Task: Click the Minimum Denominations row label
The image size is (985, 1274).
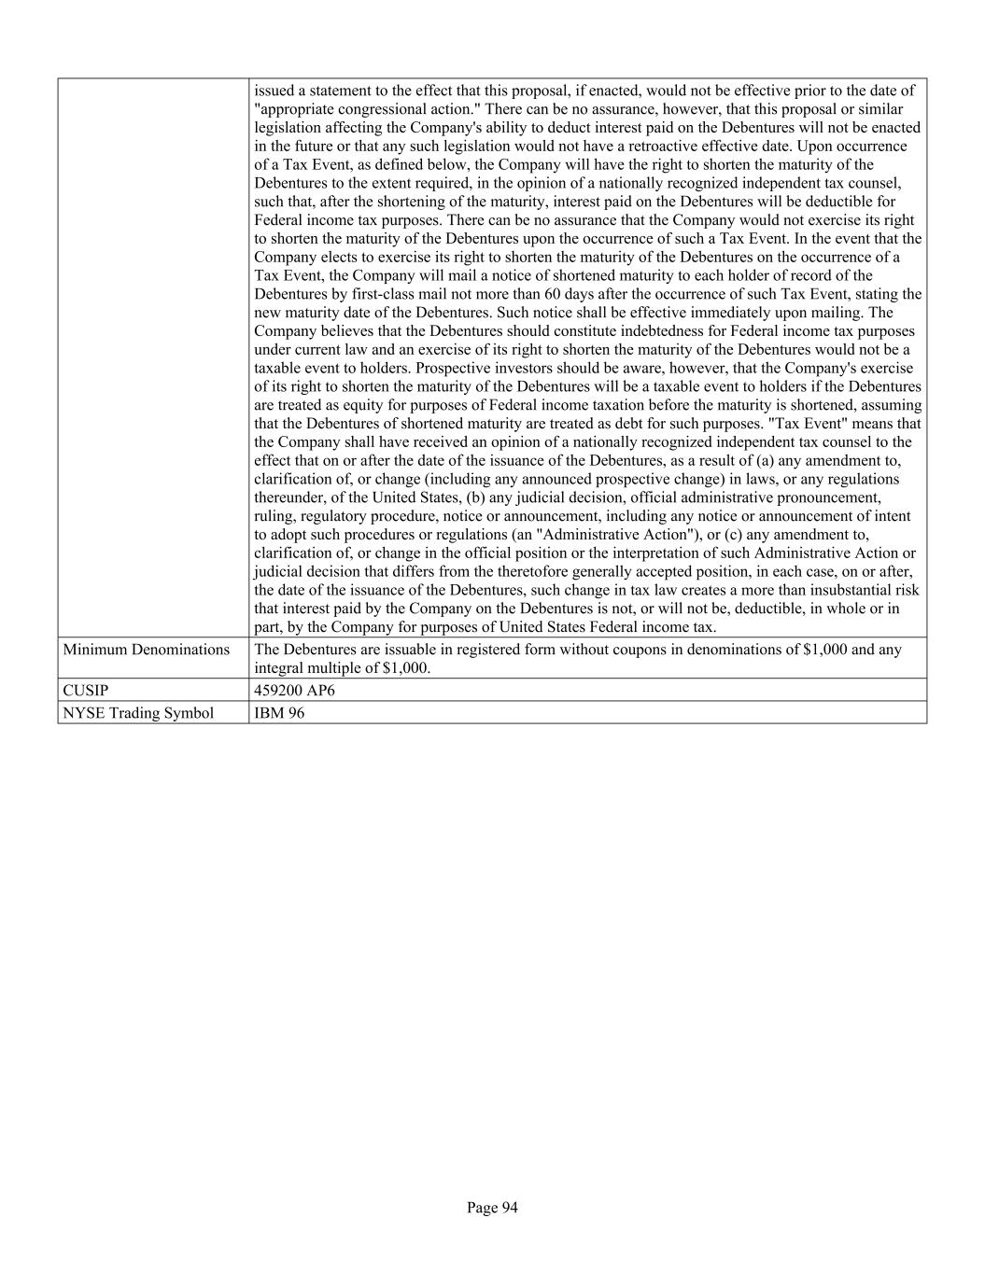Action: tap(146, 650)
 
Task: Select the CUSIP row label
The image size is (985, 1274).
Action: tap(86, 691)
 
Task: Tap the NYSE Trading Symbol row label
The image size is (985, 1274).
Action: tap(138, 713)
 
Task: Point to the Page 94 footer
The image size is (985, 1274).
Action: tap(492, 1208)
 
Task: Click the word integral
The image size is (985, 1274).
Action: tap(279, 668)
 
